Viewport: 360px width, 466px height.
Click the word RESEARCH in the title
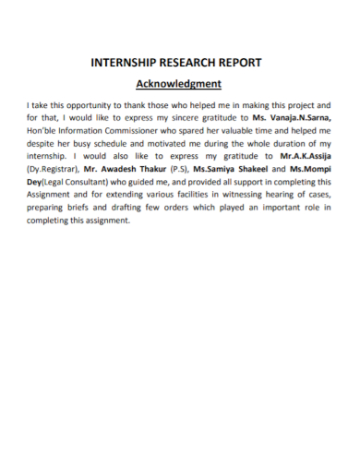click(x=183, y=63)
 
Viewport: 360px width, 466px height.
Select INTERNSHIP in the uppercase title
click(x=124, y=63)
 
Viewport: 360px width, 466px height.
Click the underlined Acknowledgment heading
click(x=178, y=85)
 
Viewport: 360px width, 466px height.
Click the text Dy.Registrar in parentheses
click(x=54, y=170)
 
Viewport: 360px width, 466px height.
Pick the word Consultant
click(x=92, y=183)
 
